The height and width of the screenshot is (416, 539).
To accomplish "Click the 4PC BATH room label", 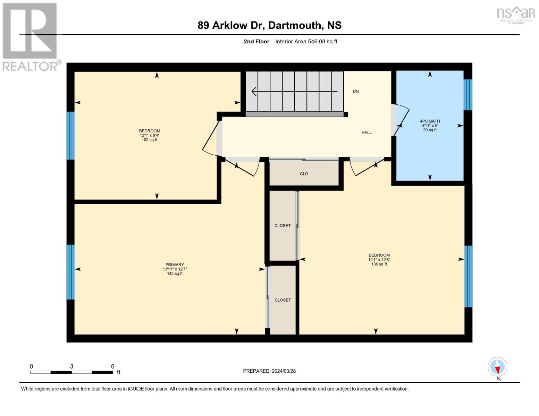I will click(430, 121).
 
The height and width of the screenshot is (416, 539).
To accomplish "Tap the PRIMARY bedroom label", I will click(175, 265).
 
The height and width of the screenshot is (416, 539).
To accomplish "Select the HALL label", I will click(367, 132).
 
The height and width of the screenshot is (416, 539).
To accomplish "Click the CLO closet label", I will click(304, 174).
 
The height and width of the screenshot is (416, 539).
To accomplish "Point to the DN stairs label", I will click(355, 92).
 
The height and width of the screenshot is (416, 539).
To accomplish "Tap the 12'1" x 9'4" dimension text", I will click(150, 136).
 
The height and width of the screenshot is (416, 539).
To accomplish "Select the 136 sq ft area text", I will click(379, 264).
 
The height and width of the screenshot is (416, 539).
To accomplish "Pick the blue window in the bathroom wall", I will click(468, 95).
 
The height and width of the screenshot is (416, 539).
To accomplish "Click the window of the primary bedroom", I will click(70, 272).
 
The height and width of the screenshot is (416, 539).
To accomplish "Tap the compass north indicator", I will click(497, 367).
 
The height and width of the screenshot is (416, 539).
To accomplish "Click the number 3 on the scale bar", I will click(71, 366).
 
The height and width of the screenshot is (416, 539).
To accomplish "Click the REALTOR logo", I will click(30, 36).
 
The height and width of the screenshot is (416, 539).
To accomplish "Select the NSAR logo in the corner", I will click(516, 14).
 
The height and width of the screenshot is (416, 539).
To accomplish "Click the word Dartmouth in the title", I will click(295, 25).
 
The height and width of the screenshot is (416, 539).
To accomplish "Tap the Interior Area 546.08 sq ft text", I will click(306, 42).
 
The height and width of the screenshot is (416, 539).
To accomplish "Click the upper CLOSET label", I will click(283, 225).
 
